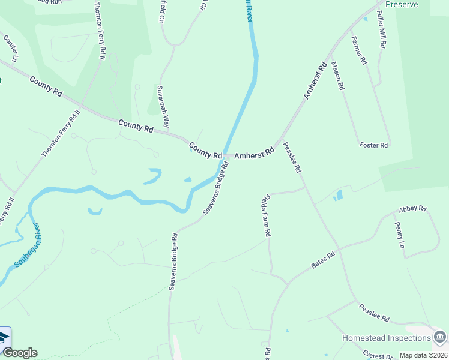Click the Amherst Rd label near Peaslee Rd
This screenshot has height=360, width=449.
tap(254, 154)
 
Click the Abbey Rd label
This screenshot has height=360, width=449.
tap(412, 209)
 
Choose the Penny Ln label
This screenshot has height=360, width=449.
tap(399, 235)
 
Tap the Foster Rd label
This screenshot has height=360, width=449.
tap(374, 145)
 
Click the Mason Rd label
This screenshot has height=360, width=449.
tap(337, 76)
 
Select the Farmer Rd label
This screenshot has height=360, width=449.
tap(359, 54)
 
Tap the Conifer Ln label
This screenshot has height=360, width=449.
tap(10, 48)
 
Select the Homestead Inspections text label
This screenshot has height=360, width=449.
tap(386, 338)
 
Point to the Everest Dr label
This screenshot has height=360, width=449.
tap(376, 356)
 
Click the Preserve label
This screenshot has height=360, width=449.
tap(401, 4)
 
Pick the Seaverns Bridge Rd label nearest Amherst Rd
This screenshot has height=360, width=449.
tap(216, 188)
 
